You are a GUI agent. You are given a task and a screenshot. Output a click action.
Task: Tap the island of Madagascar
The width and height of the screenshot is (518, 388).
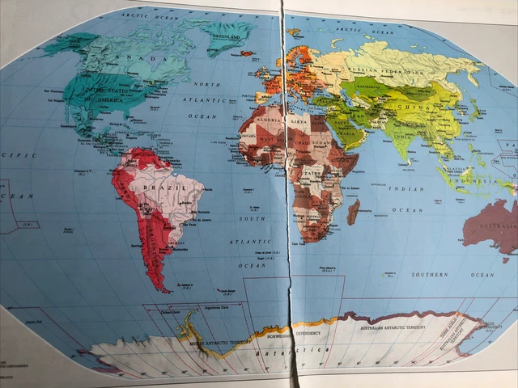[353, 212]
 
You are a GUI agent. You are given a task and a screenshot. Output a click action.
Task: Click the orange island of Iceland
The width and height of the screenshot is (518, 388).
[246, 54]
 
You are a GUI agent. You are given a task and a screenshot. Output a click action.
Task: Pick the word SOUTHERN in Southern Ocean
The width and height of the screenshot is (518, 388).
[429, 275]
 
